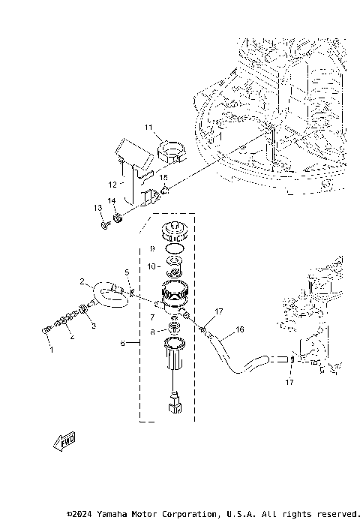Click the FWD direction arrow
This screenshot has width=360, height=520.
tap(64, 441)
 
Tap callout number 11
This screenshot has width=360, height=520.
tap(148, 128)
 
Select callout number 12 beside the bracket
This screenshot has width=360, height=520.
tap(112, 185)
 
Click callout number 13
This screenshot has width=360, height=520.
tap(97, 208)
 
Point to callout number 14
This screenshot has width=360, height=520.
tap(112, 201)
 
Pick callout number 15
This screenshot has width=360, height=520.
tap(163, 178)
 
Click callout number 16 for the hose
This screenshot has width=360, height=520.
tap(240, 329)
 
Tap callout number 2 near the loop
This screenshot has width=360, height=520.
tap(82, 281)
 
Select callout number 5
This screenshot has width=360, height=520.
tap(127, 272)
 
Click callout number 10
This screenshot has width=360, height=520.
tap(151, 266)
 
